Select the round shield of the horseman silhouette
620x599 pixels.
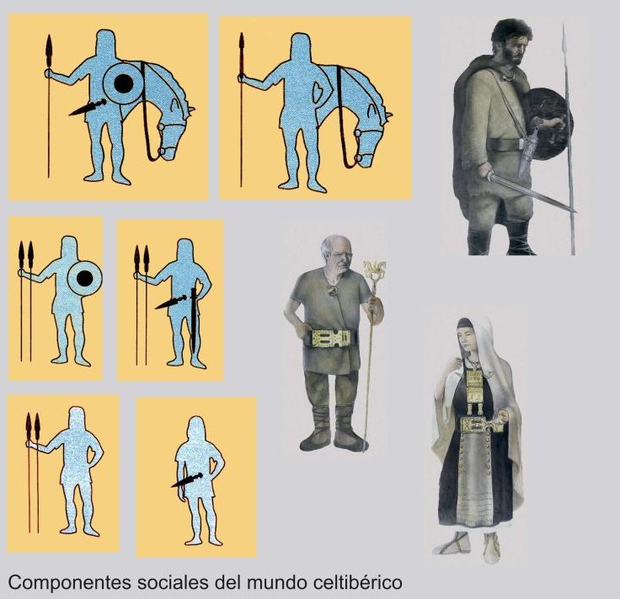pos(123,83)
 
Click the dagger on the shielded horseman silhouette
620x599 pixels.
pos(88,108)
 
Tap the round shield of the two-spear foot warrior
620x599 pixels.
pos(84,279)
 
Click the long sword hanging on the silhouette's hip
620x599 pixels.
pos(194,321)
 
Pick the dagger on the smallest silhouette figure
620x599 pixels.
pos(187,480)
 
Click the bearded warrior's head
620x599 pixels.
pos(510,40)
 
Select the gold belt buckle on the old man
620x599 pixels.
pos(331,339)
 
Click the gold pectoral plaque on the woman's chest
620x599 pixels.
pos(473,378)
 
